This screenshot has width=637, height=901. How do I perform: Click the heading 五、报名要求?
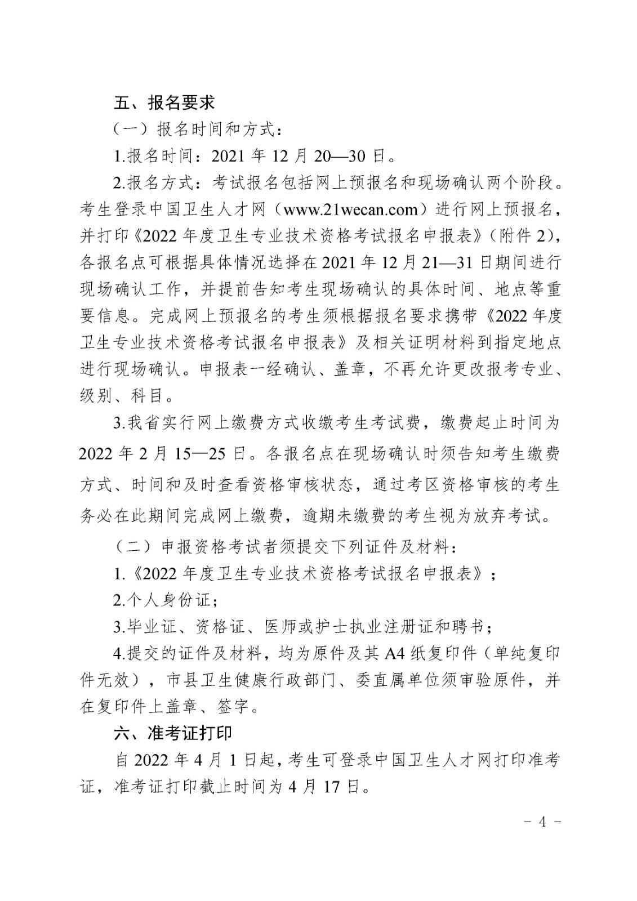[x=164, y=102]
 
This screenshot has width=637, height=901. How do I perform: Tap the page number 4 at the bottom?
[x=542, y=821]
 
